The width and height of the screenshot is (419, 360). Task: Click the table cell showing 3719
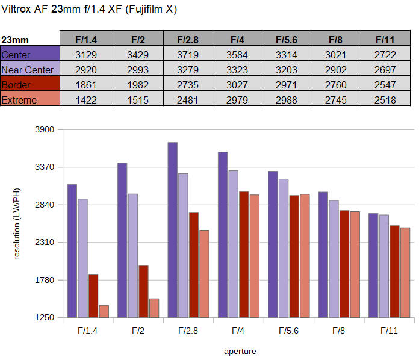point(185,55)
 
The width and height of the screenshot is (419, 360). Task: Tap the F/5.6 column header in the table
point(287,40)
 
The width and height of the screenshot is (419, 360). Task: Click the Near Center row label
point(29,70)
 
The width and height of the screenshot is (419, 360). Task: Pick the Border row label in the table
point(29,85)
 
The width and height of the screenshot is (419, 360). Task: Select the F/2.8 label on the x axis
point(188,331)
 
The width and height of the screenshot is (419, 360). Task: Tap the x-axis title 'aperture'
point(240,351)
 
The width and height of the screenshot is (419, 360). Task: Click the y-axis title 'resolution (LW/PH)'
point(17,223)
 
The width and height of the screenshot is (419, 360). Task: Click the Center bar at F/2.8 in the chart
point(172,229)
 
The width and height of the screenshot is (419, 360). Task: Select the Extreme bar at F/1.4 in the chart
point(104,311)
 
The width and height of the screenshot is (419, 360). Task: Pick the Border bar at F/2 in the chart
point(143,291)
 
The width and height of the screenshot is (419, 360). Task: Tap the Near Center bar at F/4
point(233,244)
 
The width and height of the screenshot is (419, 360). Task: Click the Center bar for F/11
point(373,265)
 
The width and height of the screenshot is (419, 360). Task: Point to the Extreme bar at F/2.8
point(204,273)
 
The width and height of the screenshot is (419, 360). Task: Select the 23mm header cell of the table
point(29,40)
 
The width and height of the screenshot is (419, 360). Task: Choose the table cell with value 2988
point(287,100)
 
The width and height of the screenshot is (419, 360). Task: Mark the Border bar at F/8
point(344,264)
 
